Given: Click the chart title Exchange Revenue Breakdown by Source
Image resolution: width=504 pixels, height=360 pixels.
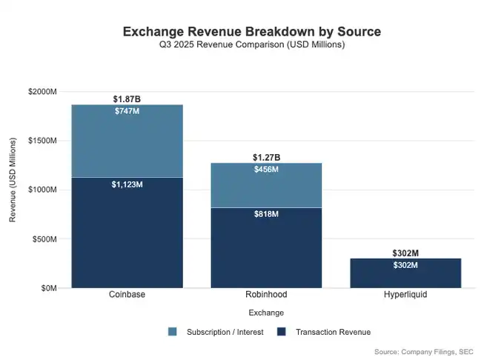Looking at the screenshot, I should click(x=251, y=32).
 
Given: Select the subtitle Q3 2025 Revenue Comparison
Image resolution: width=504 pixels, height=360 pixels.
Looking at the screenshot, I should click(x=251, y=45).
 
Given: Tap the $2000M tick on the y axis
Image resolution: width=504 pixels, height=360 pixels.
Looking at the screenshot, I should click(x=42, y=91).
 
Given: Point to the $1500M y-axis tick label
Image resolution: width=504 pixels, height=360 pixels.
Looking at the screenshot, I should click(x=42, y=141).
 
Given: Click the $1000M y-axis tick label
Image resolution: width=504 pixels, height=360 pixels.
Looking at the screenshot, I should click(x=42, y=190).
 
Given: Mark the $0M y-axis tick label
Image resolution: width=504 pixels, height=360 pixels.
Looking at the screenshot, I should click(x=48, y=288).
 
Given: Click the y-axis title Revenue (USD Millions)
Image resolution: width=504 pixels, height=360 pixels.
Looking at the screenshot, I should click(x=13, y=190).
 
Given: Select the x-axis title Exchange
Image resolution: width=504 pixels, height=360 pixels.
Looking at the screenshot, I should click(x=266, y=313).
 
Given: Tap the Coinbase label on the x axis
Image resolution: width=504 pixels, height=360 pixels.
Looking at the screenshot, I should click(x=127, y=295).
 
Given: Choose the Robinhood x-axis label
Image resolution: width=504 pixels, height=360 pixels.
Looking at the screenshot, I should click(x=266, y=295).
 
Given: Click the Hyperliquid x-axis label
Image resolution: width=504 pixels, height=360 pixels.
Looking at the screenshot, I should click(x=405, y=295).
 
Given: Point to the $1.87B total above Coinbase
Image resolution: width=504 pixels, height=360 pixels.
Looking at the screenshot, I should click(x=127, y=99).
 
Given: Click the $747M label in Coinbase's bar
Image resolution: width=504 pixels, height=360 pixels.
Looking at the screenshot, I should click(x=127, y=111).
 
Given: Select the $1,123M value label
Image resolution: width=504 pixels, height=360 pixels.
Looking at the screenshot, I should click(x=127, y=184).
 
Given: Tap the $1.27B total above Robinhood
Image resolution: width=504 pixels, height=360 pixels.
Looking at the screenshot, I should click(x=266, y=157).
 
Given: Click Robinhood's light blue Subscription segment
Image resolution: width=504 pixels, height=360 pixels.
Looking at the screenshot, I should click(x=266, y=189).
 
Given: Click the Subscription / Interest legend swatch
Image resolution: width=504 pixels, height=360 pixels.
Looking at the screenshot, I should click(x=173, y=332).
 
